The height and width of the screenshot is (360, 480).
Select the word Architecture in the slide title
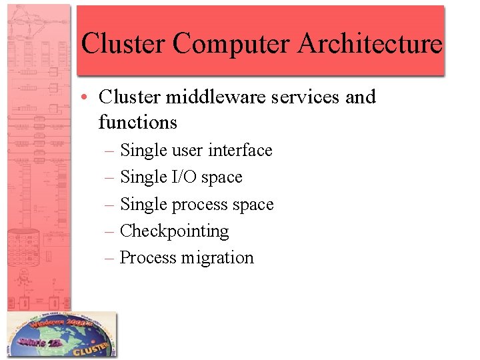pos(369,44)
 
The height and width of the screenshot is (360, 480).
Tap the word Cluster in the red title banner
pos(123,44)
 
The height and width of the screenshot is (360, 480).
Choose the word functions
pos(137,123)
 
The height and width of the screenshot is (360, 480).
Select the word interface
pos(240,151)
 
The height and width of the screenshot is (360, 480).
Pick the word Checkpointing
pos(174,231)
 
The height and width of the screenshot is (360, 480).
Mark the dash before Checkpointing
pos(110,231)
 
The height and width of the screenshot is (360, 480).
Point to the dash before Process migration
pos(110,258)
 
